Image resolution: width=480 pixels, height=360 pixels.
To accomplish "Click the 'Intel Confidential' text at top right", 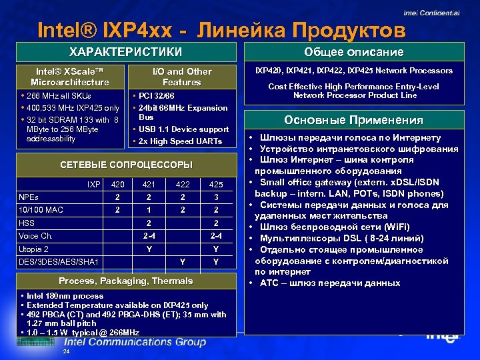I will pyautogui.click(x=431, y=13).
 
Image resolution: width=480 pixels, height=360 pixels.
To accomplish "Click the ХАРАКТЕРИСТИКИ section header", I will pyautogui.click(x=126, y=52).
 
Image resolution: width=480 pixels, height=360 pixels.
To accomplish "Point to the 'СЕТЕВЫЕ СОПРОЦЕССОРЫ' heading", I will pyautogui.click(x=126, y=165).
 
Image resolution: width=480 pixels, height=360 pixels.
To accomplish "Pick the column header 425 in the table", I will pyautogui.click(x=216, y=184).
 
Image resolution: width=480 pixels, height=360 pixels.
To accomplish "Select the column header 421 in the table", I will pyautogui.click(x=149, y=184).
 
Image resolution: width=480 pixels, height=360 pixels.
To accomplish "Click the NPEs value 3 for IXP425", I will pyautogui.click(x=216, y=197).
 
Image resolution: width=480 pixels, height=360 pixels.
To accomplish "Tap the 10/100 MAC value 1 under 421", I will pyautogui.click(x=149, y=210).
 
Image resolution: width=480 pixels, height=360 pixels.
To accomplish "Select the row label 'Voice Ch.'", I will pyautogui.click(x=35, y=236).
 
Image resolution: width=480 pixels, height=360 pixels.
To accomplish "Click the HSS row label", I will pyautogui.click(x=27, y=223).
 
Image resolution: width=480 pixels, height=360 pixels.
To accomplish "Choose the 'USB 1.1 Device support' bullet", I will pyautogui.click(x=184, y=129).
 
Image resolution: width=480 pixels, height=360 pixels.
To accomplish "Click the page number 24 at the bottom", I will pyautogui.click(x=65, y=351).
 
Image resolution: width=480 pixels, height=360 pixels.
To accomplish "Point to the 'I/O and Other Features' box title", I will pyautogui.click(x=181, y=77).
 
